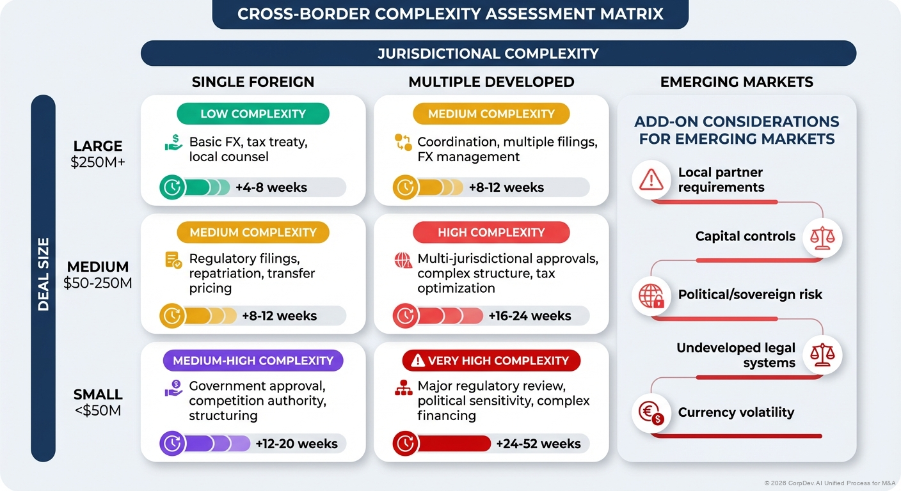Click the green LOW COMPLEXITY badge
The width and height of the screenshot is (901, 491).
click(x=253, y=114)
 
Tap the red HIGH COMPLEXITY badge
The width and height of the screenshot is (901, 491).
click(x=491, y=232)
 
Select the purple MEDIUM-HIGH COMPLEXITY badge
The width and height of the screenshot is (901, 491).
click(x=253, y=360)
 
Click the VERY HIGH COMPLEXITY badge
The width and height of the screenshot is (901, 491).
click(x=491, y=361)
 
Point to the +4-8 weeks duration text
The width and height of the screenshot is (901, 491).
click(x=271, y=187)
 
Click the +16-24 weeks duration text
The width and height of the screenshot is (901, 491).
click(x=529, y=316)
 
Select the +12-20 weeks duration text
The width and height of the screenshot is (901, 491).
click(x=296, y=444)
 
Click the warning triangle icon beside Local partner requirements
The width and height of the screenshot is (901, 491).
click(x=651, y=180)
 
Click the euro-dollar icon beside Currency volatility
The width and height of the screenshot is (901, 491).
click(x=651, y=412)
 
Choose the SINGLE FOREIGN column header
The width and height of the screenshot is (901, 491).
click(x=253, y=82)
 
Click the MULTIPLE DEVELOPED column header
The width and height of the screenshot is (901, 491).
click(x=491, y=82)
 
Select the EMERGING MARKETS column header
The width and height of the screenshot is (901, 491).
click(x=737, y=82)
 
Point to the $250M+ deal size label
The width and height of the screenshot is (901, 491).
click(x=98, y=162)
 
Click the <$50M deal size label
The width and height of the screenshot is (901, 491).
click(x=98, y=410)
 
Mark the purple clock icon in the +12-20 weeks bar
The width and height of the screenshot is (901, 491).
click(x=171, y=444)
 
